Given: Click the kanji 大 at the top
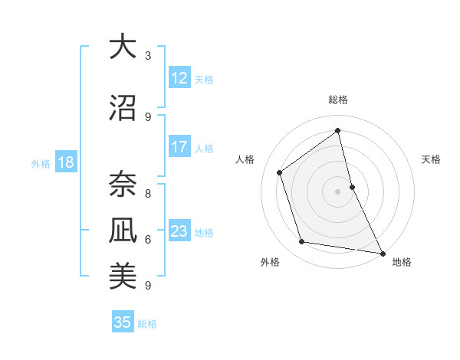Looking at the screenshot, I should click(123, 47).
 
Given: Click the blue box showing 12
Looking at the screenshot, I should click(179, 77).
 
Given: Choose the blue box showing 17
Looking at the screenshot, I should click(179, 147).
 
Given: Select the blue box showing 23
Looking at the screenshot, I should click(179, 231).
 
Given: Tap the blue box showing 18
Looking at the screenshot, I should click(65, 162).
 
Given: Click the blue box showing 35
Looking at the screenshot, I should click(123, 322).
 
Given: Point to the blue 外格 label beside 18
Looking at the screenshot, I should click(41, 163).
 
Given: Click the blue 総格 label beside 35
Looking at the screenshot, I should click(147, 324).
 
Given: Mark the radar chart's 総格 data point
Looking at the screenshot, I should click(338, 131).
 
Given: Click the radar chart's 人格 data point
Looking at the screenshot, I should click(280, 172).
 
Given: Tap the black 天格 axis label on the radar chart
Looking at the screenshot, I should click(431, 159).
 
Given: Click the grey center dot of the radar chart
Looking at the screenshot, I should click(338, 191).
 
